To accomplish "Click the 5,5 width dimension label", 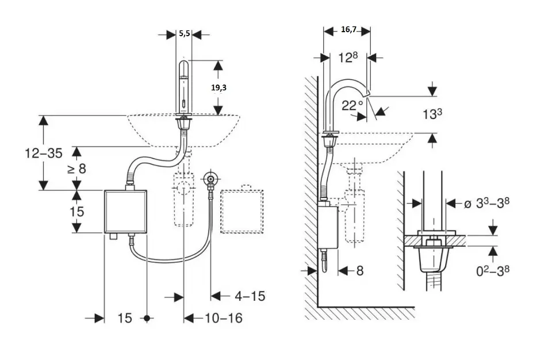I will pos(184,34).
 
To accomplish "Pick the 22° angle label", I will pos(352,106).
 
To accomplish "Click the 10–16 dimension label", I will pos(223,317).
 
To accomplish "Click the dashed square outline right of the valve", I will pos(242,210).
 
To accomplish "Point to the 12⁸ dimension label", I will pos(348,57).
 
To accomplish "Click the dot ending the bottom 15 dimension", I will pos(148,317).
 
